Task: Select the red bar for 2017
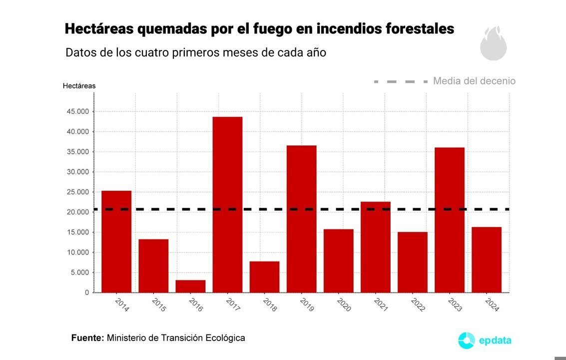[227, 204]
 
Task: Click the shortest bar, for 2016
[190, 286]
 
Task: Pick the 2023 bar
[450, 220]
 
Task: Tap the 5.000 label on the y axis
[79, 272]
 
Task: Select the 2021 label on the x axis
[380, 304]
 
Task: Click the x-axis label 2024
[492, 304]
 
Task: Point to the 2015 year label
[158, 304]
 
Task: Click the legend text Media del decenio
[474, 81]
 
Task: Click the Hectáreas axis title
[79, 85]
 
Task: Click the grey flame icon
[493, 43]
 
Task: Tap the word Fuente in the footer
[87, 338]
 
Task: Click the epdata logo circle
[466, 340]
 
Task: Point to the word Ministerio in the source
[126, 338]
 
